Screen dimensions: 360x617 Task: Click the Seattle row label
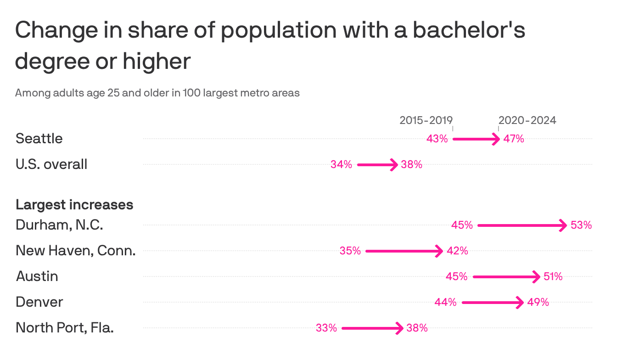[39, 138]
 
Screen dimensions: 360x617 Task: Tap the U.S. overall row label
[51, 164]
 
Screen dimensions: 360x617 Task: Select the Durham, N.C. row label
[59, 225]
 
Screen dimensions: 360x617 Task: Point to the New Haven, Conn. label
[76, 251]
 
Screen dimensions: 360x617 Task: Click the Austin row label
[37, 276]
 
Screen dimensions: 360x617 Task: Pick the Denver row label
[39, 302]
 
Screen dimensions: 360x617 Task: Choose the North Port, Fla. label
[65, 328]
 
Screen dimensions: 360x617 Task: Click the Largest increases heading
[74, 204]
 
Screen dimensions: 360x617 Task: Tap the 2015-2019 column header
[426, 120]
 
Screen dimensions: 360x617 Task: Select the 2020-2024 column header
[527, 120]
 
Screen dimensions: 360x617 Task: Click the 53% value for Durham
[581, 225]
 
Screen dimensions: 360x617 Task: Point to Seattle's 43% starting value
[437, 139]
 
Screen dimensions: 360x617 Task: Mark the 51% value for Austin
[552, 276]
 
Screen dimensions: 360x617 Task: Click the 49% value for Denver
[538, 302]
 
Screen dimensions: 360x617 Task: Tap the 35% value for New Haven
[350, 251]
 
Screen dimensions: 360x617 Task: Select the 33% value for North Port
[326, 328]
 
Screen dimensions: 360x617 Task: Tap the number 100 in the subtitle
[191, 93]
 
